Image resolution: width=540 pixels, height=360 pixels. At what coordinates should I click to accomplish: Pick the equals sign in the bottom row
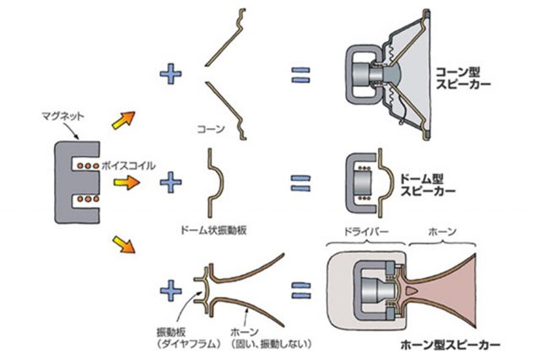click(301, 291)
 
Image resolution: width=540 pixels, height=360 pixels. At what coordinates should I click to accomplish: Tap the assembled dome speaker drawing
click(368, 180)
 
